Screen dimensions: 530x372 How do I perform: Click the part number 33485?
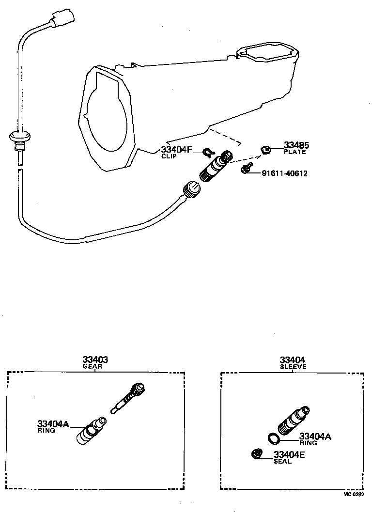pos(296,145)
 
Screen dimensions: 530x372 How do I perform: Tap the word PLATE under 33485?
pos(295,152)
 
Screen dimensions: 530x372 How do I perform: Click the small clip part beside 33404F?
pos(207,153)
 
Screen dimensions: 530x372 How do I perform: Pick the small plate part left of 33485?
pos(265,149)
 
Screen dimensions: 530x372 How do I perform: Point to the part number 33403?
pos(95,360)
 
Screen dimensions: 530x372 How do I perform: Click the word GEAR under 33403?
pos(95,367)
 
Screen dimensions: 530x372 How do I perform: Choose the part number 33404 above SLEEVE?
pos(293,360)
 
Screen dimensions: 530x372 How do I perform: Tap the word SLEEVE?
pos(293,367)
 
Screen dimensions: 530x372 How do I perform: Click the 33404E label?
pos(289,454)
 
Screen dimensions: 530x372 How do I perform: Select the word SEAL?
pos(283,462)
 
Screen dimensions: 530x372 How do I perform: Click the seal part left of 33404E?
pos(256,454)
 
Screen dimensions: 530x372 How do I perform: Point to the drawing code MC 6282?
pos(354,495)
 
